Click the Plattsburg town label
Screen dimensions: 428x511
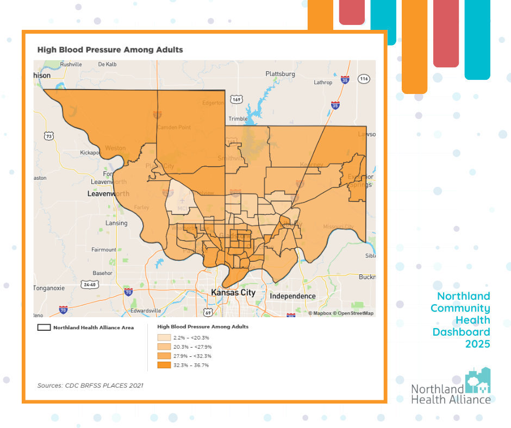280,74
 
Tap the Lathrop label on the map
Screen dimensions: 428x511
323,83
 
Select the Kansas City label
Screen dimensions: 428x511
233,293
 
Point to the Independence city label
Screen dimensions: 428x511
292,296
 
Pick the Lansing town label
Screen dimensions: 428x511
116,223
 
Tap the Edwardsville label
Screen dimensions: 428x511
145,311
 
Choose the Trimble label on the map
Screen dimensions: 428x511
238,119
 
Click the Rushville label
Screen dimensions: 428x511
71,64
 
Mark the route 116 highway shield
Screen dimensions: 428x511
364,79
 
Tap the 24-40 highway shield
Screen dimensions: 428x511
89,284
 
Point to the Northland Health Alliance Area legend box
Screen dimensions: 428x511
43,328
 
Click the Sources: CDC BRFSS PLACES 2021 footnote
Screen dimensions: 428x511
90,386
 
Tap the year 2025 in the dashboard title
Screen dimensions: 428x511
477,344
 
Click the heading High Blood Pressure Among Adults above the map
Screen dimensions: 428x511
110,49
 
